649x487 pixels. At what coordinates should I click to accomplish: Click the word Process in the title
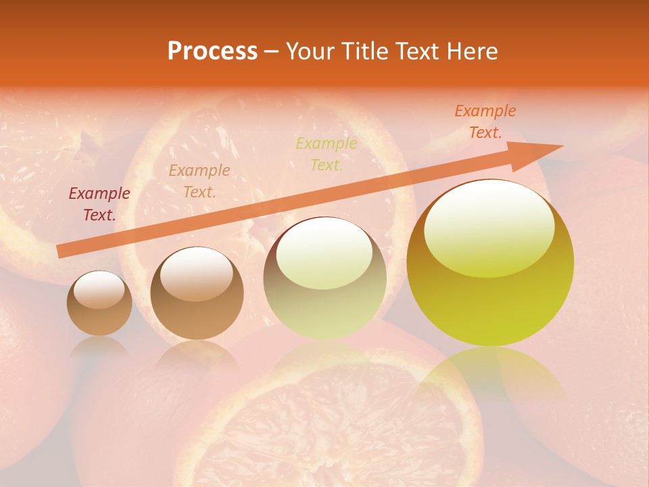212,51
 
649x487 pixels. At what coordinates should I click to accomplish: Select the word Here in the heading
473,51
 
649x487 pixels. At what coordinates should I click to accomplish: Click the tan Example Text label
199,181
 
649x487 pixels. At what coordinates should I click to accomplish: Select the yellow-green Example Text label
326,154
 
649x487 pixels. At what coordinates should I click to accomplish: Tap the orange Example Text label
485,122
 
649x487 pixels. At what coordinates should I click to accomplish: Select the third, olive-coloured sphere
324,278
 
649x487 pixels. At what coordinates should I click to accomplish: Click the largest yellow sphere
490,263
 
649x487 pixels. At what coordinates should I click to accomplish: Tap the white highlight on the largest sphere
489,227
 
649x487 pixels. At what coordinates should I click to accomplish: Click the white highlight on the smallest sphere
99,290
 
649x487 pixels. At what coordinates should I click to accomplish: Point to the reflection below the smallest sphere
99,346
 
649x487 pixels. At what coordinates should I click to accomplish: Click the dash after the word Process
271,52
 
